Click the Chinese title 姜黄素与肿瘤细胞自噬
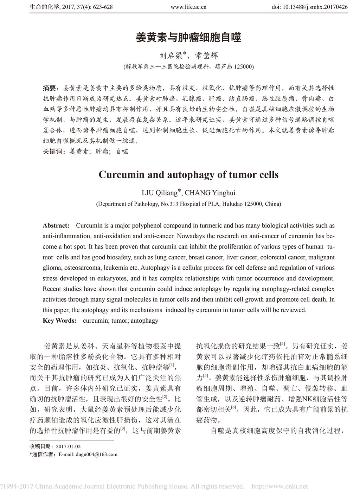tap(188, 38)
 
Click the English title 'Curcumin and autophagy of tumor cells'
tap(188, 175)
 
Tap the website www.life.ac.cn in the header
tap(188, 7)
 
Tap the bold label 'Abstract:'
tap(56, 225)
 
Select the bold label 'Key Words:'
tap(59, 321)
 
